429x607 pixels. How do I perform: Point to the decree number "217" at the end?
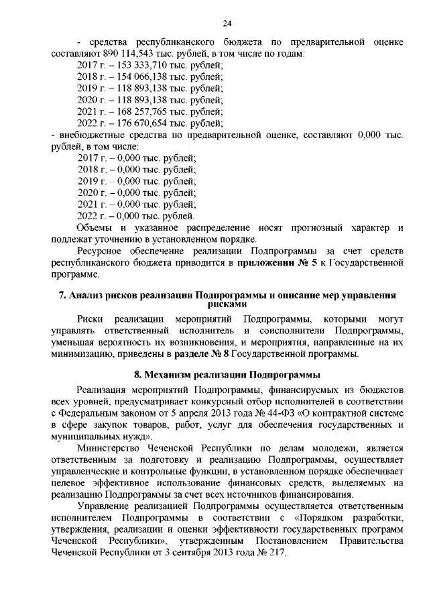pos(277,554)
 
